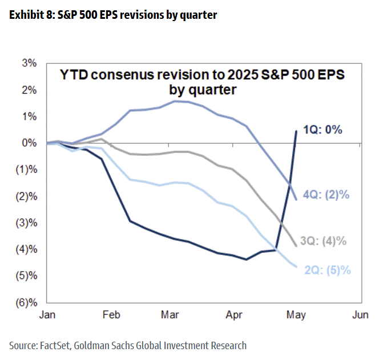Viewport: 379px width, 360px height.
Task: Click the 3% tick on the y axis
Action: [x=30, y=63]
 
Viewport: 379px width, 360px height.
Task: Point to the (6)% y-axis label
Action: [x=27, y=303]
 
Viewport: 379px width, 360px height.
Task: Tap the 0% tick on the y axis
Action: [x=30, y=143]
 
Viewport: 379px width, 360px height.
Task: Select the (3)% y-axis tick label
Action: [x=27, y=223]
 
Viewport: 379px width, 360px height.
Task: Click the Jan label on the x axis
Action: [x=47, y=315]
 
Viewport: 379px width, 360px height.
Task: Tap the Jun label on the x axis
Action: [x=359, y=315]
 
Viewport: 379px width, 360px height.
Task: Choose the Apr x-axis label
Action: [x=235, y=315]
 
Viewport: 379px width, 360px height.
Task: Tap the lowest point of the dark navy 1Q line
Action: [x=246, y=260]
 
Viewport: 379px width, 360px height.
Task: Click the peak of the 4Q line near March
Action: [x=174, y=101]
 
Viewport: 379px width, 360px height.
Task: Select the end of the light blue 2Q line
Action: [x=296, y=266]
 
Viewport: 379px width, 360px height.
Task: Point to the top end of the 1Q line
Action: [x=296, y=131]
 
